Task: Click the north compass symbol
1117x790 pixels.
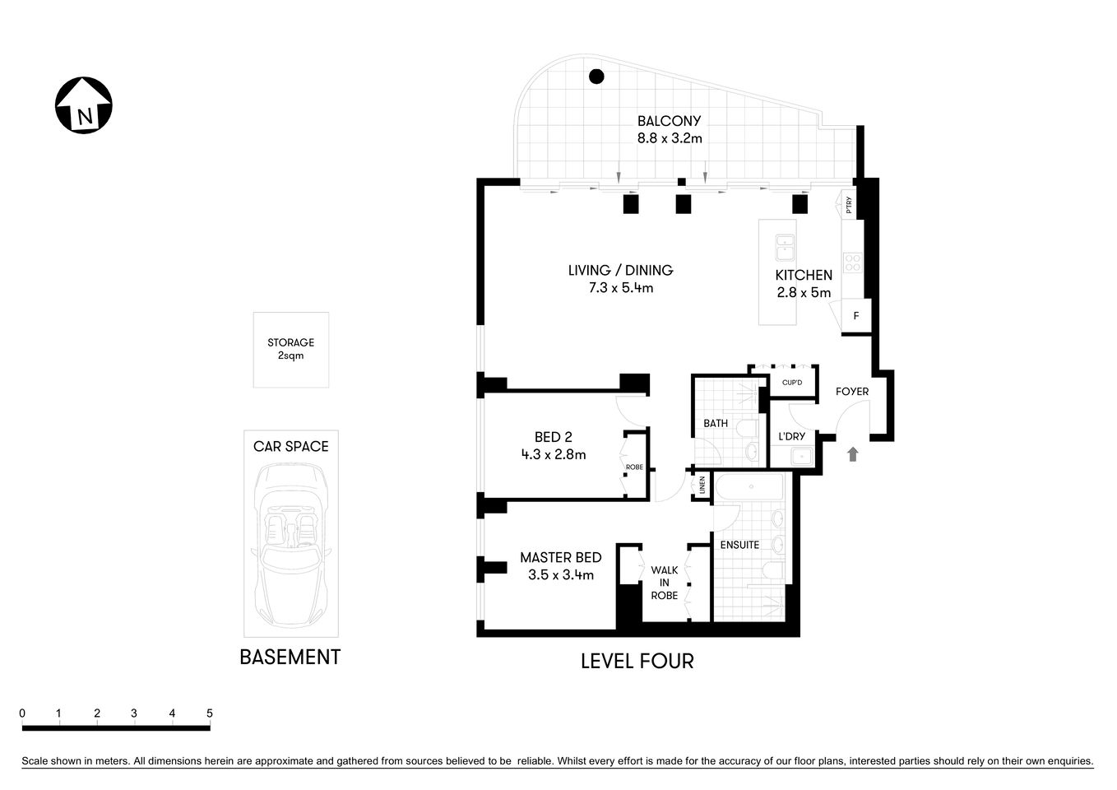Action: coord(84,105)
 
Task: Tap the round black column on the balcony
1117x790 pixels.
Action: coord(596,77)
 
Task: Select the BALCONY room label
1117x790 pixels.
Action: coord(669,121)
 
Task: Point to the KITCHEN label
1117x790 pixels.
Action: coord(804,275)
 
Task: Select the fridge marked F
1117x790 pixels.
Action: coord(856,316)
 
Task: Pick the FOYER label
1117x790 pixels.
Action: coord(851,391)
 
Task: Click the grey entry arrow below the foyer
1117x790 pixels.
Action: coord(853,453)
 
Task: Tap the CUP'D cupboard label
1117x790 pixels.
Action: coord(792,383)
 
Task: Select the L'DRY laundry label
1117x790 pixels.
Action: coord(791,436)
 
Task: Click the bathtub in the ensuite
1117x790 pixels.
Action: coord(750,488)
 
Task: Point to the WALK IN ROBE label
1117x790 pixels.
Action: coord(665,582)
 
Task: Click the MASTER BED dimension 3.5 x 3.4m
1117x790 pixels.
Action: coord(560,575)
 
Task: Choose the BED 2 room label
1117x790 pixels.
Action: coord(553,437)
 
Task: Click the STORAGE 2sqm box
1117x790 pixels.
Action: coord(290,349)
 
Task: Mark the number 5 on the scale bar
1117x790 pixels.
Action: coord(209,713)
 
